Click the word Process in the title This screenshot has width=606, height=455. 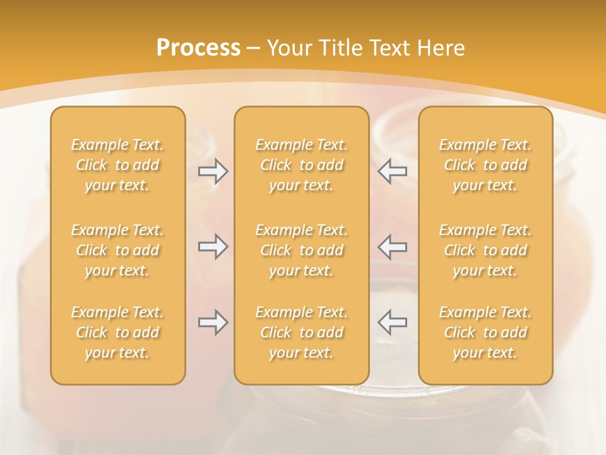point(198,48)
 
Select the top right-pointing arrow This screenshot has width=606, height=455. point(213,171)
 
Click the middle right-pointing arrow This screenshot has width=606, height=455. point(213,246)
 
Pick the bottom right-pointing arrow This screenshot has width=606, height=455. point(213,322)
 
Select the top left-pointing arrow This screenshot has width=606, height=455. point(393,171)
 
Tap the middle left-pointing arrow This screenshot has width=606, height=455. point(393,246)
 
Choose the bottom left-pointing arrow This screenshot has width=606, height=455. point(393,322)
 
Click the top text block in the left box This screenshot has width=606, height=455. point(117,165)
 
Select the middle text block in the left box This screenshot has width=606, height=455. point(117,250)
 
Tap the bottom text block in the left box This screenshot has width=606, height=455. point(117,332)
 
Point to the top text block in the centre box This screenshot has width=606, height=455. point(302,165)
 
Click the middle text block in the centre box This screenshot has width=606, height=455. point(302,250)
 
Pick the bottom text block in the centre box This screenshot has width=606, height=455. point(302,332)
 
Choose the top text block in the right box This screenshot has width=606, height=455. point(485,165)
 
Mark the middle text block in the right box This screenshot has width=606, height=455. point(485,250)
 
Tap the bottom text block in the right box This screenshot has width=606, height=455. point(485,332)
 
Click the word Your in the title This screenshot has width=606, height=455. point(289,48)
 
